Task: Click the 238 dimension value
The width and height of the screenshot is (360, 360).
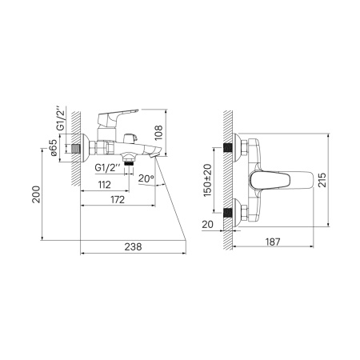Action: pyautogui.click(x=133, y=246)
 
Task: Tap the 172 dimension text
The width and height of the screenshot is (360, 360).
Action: pyautogui.click(x=117, y=199)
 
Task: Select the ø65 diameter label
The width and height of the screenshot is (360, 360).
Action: pyautogui.click(x=54, y=150)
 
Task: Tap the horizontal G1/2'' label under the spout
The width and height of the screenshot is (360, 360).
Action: pyautogui.click(x=108, y=169)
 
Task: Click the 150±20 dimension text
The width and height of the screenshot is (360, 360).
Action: pyautogui.click(x=206, y=181)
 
